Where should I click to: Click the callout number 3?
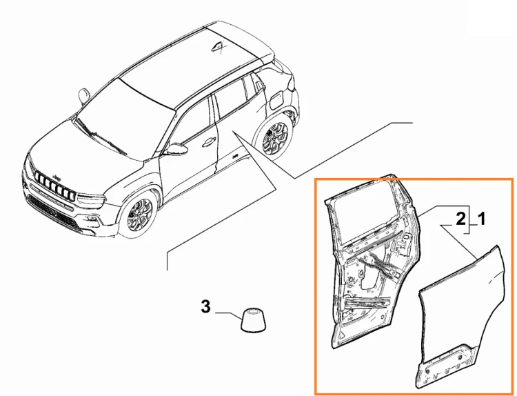205,306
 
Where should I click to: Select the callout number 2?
460,219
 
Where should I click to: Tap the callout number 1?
481,219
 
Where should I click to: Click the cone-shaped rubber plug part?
253,320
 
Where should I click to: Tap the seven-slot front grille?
54,185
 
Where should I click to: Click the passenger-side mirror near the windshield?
84,95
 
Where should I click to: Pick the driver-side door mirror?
176,150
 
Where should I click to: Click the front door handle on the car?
208,141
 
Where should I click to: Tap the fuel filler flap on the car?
276,99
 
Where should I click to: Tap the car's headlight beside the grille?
91,199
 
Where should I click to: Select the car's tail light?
292,83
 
